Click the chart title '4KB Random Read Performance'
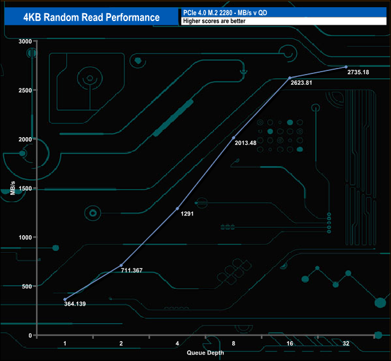click(x=91, y=17)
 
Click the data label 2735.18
click(x=359, y=73)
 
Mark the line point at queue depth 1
click(x=64, y=299)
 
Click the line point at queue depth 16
click(x=290, y=78)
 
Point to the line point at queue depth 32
click(x=346, y=67)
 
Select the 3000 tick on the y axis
click(x=25, y=42)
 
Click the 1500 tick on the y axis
click(x=25, y=188)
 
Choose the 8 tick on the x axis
click(x=233, y=343)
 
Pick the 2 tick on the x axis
click(x=121, y=343)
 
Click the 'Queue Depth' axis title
click(x=205, y=352)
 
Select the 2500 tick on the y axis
click(x=25, y=90)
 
